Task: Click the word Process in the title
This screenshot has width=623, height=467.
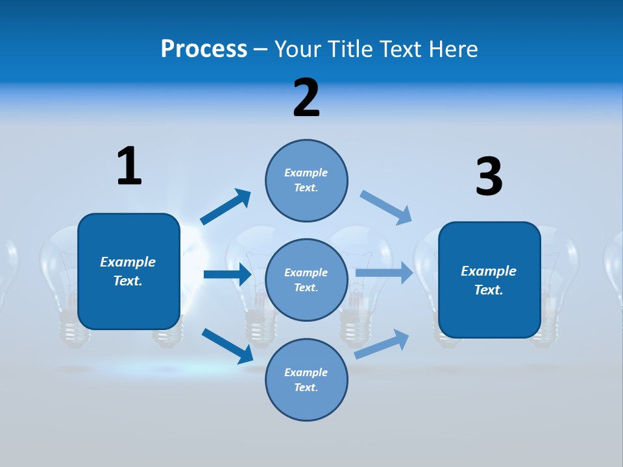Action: [204, 49]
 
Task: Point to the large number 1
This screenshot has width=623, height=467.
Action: [129, 166]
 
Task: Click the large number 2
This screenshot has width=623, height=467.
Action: [306, 98]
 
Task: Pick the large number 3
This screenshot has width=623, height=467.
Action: [489, 177]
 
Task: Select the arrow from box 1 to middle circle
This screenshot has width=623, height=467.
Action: [227, 274]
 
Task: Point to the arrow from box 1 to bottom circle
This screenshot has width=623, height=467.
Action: [228, 346]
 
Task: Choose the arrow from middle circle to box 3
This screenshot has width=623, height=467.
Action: [384, 272]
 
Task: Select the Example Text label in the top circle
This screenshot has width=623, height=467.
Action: [306, 180]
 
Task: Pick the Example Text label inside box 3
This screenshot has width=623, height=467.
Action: [489, 280]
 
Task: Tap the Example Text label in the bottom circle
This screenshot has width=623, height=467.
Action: [306, 380]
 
